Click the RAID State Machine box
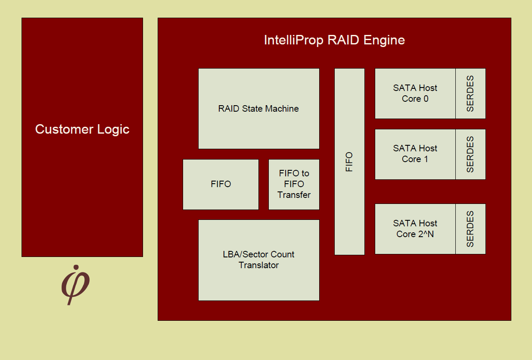click(258, 109)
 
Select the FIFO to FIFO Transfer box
click(294, 185)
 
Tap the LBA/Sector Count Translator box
click(258, 260)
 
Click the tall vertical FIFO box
click(349, 162)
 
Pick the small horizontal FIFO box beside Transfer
click(221, 185)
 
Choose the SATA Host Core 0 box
click(415, 94)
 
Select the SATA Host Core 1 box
click(415, 154)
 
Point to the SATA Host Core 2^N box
click(415, 229)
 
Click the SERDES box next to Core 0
click(470, 94)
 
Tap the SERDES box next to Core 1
click(470, 154)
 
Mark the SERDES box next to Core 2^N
click(470, 229)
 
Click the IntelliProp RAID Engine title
click(334, 40)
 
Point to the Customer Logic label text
click(82, 129)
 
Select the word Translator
click(258, 265)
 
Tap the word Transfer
click(294, 195)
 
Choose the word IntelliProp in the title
click(294, 40)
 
